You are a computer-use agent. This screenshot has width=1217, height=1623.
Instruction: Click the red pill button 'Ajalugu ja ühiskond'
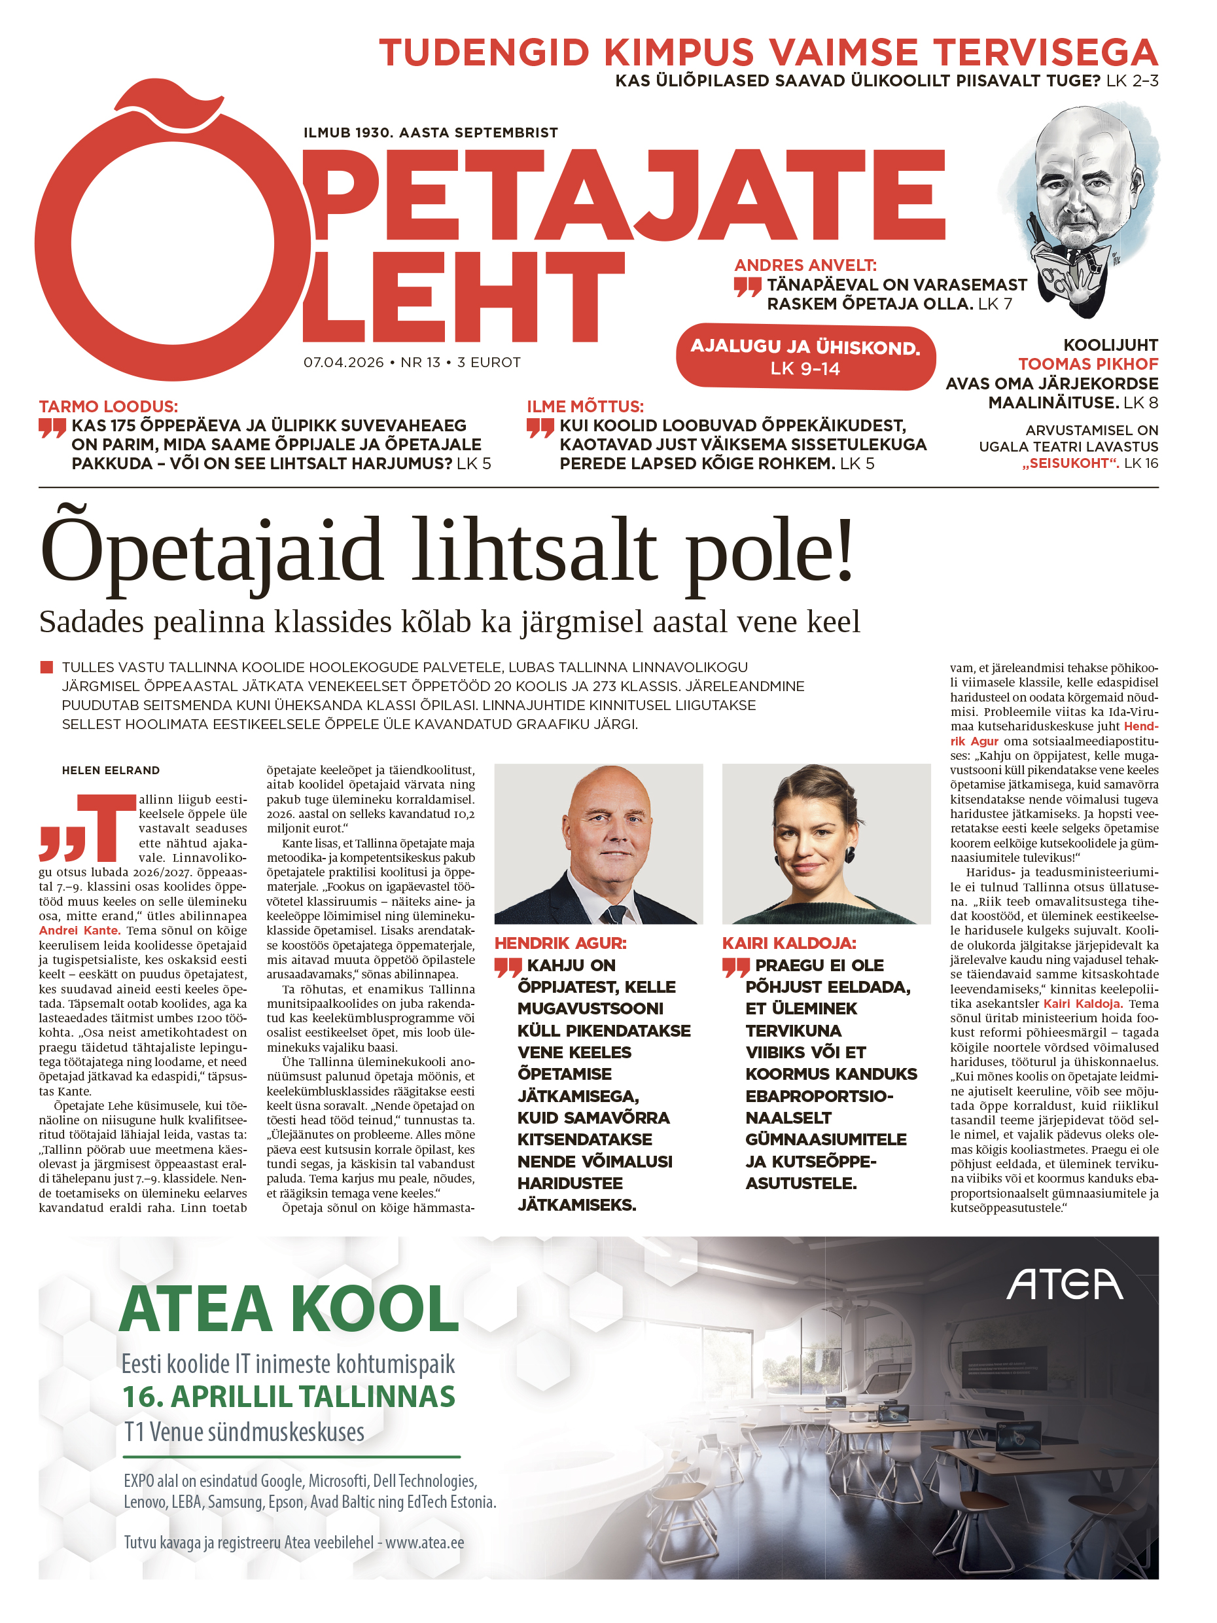[805, 357]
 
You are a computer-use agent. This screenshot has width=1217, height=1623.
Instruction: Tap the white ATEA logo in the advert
[1064, 1285]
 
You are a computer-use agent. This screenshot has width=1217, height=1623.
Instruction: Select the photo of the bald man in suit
[598, 843]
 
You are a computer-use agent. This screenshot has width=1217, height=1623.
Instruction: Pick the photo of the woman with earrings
[826, 843]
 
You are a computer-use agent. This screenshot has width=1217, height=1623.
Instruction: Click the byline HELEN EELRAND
[111, 770]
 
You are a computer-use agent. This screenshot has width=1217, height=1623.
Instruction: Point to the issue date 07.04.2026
[344, 363]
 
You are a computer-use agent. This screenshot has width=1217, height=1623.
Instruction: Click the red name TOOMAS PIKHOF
[1087, 364]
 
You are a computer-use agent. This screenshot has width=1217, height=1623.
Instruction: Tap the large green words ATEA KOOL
[289, 1310]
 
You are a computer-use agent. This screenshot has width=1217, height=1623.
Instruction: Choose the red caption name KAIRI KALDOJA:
[788, 943]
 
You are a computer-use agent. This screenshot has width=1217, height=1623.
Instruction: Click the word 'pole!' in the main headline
[769, 550]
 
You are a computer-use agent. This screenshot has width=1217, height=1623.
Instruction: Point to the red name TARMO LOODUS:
[108, 406]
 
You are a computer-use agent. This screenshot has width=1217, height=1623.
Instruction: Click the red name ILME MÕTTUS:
[585, 406]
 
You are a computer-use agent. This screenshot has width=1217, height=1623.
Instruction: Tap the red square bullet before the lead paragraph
[46, 667]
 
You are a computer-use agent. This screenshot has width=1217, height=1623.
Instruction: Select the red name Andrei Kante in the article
[79, 931]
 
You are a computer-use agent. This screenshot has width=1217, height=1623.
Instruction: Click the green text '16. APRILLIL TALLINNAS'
[289, 1397]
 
